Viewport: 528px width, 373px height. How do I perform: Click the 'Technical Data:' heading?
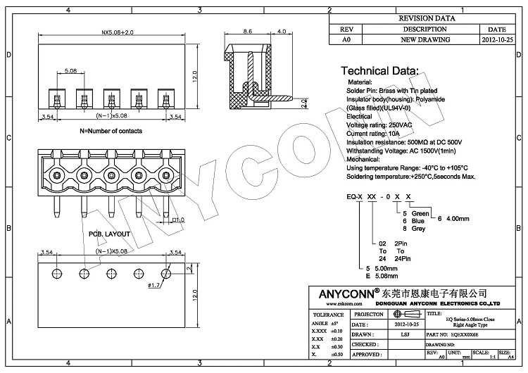[x=379, y=71]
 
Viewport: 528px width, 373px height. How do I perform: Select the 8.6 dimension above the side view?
[x=248, y=32]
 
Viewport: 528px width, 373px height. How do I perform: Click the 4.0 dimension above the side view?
[x=281, y=32]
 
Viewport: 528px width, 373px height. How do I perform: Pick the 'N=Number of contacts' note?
[x=111, y=132]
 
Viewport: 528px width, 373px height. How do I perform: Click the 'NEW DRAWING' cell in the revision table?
[x=425, y=40]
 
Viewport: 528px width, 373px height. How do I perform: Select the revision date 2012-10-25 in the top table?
[x=497, y=40]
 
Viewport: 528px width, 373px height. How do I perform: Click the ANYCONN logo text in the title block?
[x=341, y=291]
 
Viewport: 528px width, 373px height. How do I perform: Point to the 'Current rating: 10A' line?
[x=373, y=132]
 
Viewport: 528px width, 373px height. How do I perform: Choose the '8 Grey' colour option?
[x=414, y=229]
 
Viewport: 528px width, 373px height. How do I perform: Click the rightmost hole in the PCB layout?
[x=167, y=272]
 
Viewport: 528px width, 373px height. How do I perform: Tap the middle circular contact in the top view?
[x=111, y=175]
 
